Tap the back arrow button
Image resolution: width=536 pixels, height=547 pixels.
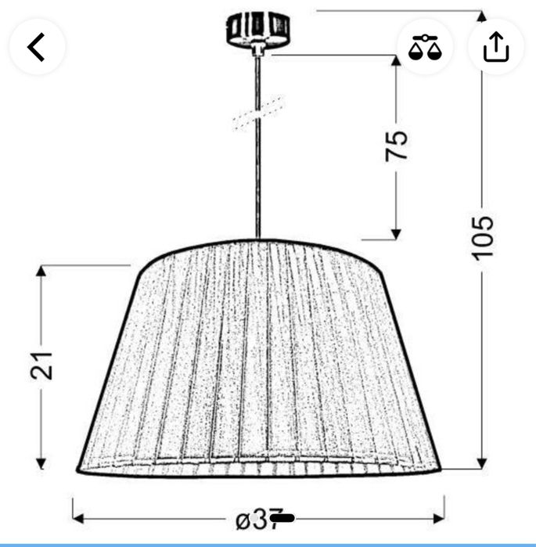[x=37, y=47]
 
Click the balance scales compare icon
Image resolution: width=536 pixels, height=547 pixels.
[x=425, y=47]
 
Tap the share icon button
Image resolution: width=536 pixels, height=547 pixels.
[x=495, y=47]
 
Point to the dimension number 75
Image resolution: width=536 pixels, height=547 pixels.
[x=397, y=146]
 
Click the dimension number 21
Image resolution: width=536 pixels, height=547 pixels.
[x=42, y=364]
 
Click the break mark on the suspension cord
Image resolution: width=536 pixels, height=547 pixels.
[x=257, y=113]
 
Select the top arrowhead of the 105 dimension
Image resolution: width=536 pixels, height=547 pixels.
[x=482, y=16]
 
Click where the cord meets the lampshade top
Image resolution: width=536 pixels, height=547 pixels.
[x=257, y=239]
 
